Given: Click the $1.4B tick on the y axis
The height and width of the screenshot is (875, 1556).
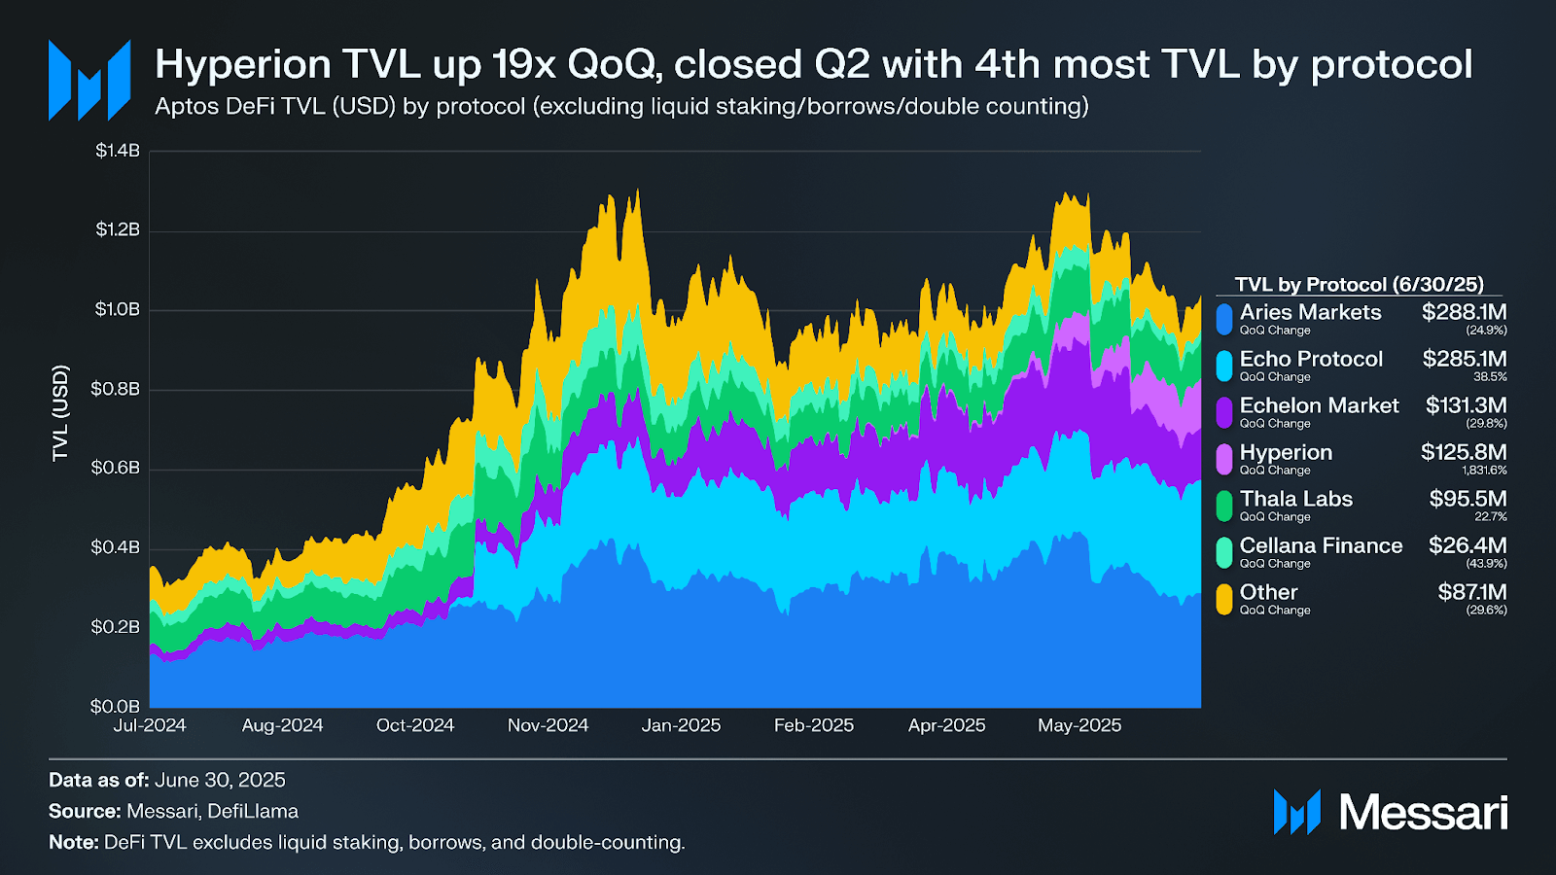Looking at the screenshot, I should (x=118, y=151).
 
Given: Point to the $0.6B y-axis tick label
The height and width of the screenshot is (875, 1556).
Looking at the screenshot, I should (x=115, y=468).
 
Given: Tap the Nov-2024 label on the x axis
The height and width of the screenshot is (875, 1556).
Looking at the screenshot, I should (x=548, y=725).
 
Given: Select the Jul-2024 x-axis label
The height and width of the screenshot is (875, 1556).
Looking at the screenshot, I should (x=150, y=725).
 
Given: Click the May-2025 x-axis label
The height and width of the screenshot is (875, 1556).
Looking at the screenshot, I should (x=1079, y=725).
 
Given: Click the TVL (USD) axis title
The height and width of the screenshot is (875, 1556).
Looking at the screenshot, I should (x=60, y=413).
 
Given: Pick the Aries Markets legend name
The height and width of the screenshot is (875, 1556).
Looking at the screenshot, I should (x=1310, y=312).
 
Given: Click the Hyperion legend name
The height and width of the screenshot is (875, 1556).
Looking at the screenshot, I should (x=1286, y=452).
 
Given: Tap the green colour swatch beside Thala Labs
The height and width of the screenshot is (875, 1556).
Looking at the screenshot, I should (x=1224, y=506).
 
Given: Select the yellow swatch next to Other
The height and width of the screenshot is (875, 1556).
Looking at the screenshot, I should (x=1224, y=599).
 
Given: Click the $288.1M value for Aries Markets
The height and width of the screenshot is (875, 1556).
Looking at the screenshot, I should (x=1464, y=312).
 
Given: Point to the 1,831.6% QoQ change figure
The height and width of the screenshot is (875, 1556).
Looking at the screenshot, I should (x=1484, y=471).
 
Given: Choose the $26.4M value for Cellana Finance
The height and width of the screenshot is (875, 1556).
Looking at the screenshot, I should (x=1468, y=545).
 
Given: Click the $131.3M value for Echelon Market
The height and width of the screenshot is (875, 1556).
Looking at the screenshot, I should (x=1466, y=405).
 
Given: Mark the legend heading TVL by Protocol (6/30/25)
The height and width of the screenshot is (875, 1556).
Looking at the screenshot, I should (x=1359, y=284).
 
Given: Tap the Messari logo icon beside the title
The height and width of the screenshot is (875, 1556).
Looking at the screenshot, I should (x=89, y=80).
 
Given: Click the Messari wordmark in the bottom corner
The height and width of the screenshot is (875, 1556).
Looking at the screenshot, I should (x=1423, y=812).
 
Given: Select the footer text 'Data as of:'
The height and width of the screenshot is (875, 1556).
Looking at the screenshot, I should (x=98, y=780).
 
